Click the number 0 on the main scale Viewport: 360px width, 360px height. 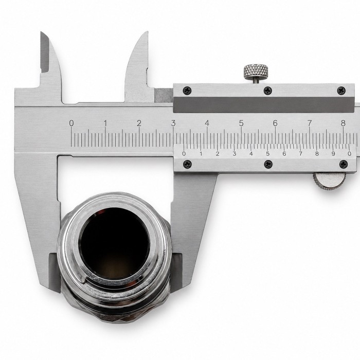71,123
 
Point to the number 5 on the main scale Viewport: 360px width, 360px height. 241,123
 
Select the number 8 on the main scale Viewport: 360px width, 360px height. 343,123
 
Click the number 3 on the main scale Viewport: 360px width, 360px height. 173,123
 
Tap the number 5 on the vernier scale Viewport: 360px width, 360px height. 268,154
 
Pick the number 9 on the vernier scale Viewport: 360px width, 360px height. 333,154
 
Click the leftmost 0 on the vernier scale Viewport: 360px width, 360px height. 184,154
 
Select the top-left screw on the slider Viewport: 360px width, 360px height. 187,91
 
